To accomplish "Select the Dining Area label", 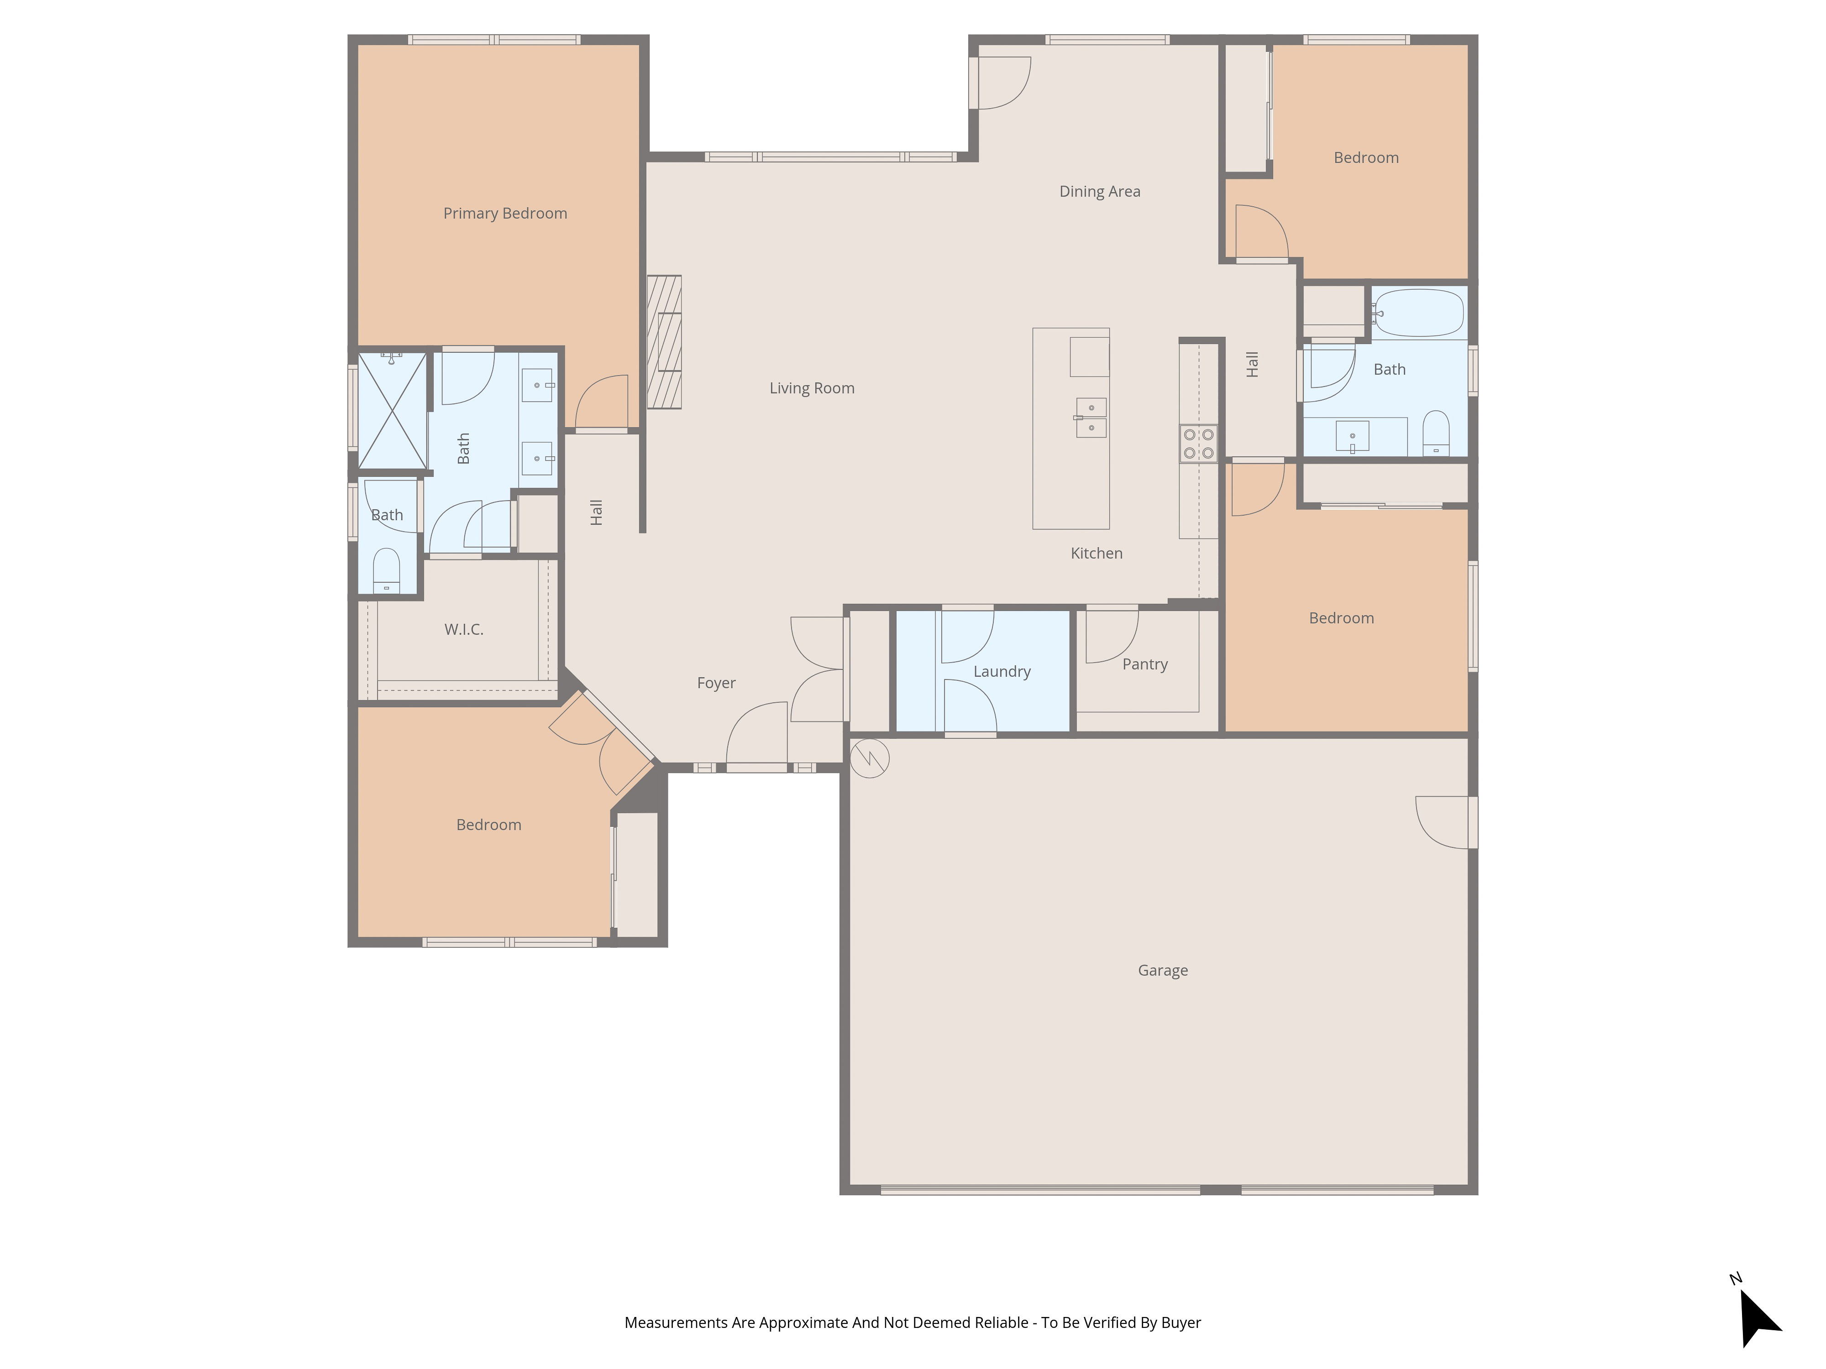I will [x=1100, y=192].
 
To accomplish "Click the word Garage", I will [x=1162, y=971].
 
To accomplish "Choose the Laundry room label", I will [x=1001, y=672].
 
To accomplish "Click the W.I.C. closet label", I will [x=463, y=630].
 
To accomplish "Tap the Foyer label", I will [x=716, y=683].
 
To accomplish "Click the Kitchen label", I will [x=1096, y=554].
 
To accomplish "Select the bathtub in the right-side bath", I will [x=1418, y=313].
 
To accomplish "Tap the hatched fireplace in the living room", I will [x=664, y=342].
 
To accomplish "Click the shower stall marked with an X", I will [x=392, y=410].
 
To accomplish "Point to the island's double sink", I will [x=1091, y=418].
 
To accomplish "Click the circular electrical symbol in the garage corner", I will [x=869, y=758].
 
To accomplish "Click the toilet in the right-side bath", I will [x=1436, y=433].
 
